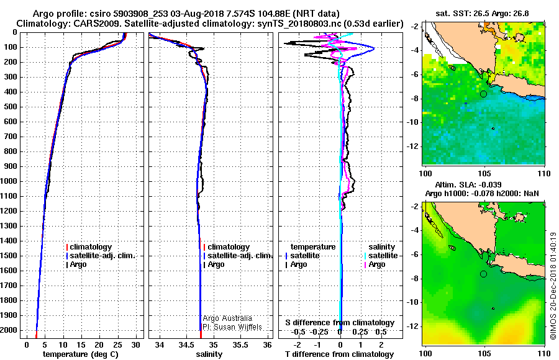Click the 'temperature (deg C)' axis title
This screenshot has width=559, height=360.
80,354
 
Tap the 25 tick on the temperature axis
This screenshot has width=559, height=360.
118,344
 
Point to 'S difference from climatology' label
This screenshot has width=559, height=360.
339,323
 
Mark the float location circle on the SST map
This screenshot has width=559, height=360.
483,94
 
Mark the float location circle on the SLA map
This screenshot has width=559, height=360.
483,274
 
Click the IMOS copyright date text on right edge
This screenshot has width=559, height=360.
552,286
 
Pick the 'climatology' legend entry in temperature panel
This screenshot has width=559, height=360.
91,247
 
